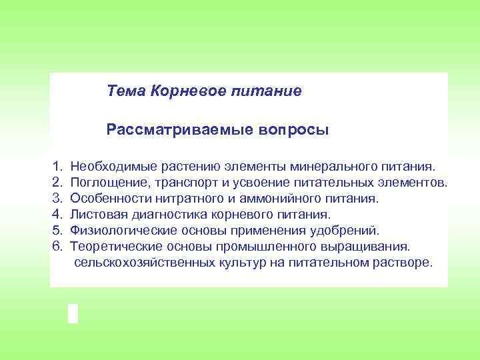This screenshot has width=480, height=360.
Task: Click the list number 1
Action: click(x=57, y=165)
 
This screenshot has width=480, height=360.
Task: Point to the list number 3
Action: click(x=57, y=198)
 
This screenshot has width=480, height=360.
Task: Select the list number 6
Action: click(x=57, y=247)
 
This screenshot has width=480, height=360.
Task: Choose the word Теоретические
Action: click(x=114, y=247)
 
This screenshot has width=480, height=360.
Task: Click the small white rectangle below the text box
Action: click(x=73, y=313)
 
